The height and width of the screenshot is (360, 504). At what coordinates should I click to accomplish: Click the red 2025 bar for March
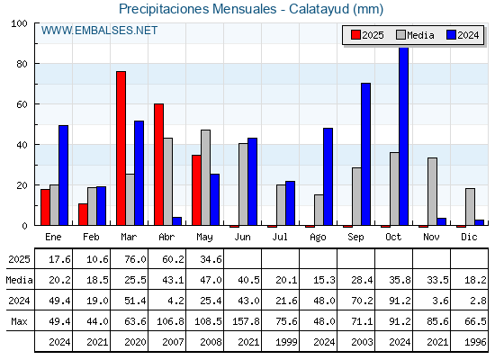[121, 148]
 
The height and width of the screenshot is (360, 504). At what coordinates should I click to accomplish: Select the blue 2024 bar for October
[404, 136]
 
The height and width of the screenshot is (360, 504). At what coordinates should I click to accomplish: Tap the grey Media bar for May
[206, 177]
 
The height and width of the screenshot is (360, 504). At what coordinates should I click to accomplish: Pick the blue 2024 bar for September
[365, 154]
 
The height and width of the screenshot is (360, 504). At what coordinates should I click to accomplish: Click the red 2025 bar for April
[158, 164]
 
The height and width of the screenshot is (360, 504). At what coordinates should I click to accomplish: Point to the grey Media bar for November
[432, 192]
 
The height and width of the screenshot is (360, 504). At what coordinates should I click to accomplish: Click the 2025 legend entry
[367, 35]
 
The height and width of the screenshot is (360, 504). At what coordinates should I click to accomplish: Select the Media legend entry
[415, 35]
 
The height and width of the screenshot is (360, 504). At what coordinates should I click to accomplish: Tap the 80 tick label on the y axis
[22, 64]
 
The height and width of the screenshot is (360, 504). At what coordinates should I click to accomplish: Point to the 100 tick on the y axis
[19, 23]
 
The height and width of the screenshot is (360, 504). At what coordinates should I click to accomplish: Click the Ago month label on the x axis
[318, 238]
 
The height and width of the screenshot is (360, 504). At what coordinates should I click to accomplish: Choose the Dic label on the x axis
[469, 237]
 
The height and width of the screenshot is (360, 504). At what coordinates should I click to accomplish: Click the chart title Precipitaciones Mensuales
[198, 9]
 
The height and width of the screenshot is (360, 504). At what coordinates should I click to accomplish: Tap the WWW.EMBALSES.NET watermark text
[99, 31]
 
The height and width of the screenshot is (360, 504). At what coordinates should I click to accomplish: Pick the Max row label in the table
[19, 321]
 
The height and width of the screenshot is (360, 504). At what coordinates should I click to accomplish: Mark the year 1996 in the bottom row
[475, 342]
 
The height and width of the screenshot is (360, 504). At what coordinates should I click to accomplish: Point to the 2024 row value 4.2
[175, 301]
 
